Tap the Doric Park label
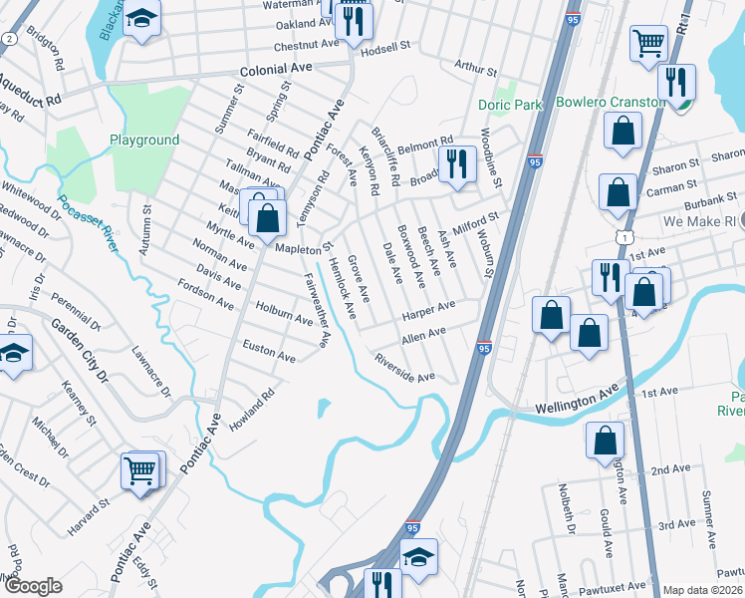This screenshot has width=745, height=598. coord(510,105)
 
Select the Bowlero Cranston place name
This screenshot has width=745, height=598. coord(611,103)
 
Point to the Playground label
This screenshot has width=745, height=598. coord(144,141)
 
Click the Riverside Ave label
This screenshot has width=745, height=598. coord(404,370)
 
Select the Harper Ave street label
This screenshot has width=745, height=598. coord(428,312)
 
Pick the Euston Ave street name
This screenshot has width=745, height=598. coord(269,356)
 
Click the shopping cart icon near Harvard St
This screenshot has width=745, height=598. coord(140,470)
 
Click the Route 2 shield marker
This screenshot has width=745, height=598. coord(9,38)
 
